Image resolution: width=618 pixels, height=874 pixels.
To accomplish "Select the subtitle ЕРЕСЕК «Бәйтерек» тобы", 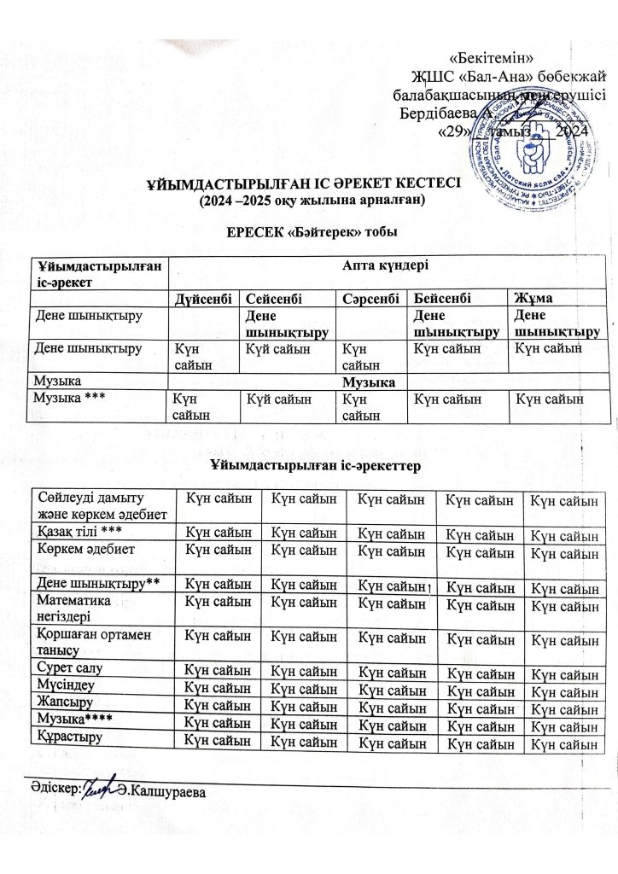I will coord(310,232).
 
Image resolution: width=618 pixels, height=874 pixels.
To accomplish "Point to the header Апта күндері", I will coord(391,265).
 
